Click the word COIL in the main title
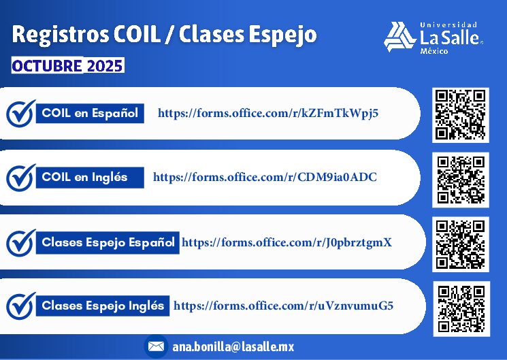pyautogui.click(x=137, y=34)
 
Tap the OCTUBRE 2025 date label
pyautogui.click(x=67, y=65)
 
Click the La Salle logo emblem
pyautogui.click(x=399, y=37)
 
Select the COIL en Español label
pyautogui.click(x=90, y=113)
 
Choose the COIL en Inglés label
pyautogui.click(x=90, y=177)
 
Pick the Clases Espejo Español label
pyautogui.click(x=108, y=242)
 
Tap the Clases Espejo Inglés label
pyautogui.click(x=103, y=306)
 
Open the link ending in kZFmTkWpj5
pyautogui.click(x=268, y=114)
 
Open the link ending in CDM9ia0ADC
pyautogui.click(x=265, y=177)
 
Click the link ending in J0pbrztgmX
pyautogui.click(x=287, y=242)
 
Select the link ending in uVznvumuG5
pyautogui.click(x=283, y=306)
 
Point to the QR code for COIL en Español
pyautogui.click(x=461, y=115)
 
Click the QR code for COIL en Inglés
pyautogui.click(x=461, y=180)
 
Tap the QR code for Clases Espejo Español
pyautogui.click(x=461, y=244)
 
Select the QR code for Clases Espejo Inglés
pyautogui.click(x=461, y=309)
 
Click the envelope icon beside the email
pyautogui.click(x=156, y=346)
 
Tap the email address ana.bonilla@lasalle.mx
pyautogui.click(x=233, y=347)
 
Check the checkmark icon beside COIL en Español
pyautogui.click(x=20, y=113)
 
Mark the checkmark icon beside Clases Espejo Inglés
pyautogui.click(x=20, y=306)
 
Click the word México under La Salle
pyautogui.click(x=434, y=51)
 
